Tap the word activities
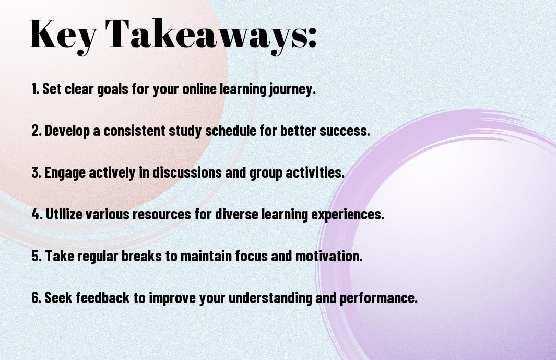315,172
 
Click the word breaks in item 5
142,256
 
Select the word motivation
329,256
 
